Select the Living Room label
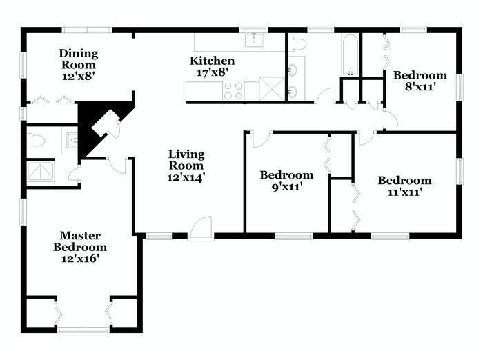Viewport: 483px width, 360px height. click(186, 159)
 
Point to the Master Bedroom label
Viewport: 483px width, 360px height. click(80, 241)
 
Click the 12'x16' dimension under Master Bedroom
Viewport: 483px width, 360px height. click(80, 259)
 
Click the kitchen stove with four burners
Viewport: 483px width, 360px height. click(233, 90)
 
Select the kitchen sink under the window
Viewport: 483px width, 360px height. click(254, 41)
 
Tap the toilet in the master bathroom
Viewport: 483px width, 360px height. click(36, 141)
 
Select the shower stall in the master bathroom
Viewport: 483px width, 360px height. click(40, 172)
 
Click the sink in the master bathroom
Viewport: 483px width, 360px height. click(70, 141)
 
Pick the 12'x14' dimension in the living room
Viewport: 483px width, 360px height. click(186, 177)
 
